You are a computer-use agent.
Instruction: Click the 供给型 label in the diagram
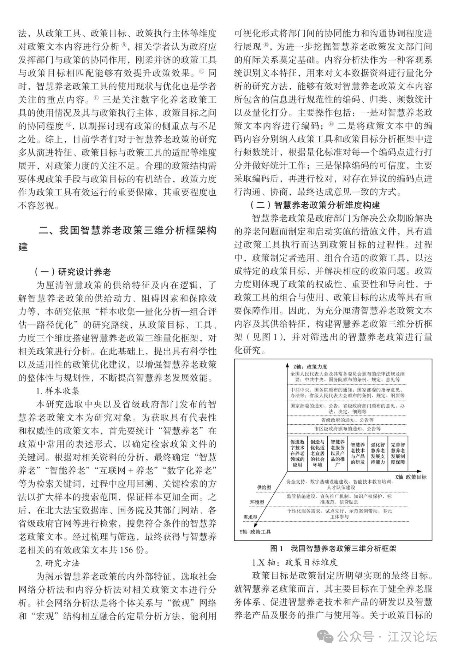[x=264, y=488]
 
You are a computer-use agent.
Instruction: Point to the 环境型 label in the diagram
[x=257, y=502]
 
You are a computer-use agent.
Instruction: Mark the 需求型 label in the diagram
[x=250, y=517]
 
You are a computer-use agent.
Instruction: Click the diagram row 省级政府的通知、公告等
[x=347, y=420]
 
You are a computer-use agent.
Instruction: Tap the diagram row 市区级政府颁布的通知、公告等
[x=347, y=429]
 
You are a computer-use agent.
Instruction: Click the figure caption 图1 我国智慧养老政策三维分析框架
[x=333, y=548]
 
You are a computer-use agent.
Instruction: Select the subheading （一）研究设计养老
[x=72, y=272]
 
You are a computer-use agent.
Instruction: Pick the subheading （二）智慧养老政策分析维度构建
[x=315, y=205]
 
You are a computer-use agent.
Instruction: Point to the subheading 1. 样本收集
[x=58, y=391]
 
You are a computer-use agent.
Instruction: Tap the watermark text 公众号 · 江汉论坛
[x=387, y=637]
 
